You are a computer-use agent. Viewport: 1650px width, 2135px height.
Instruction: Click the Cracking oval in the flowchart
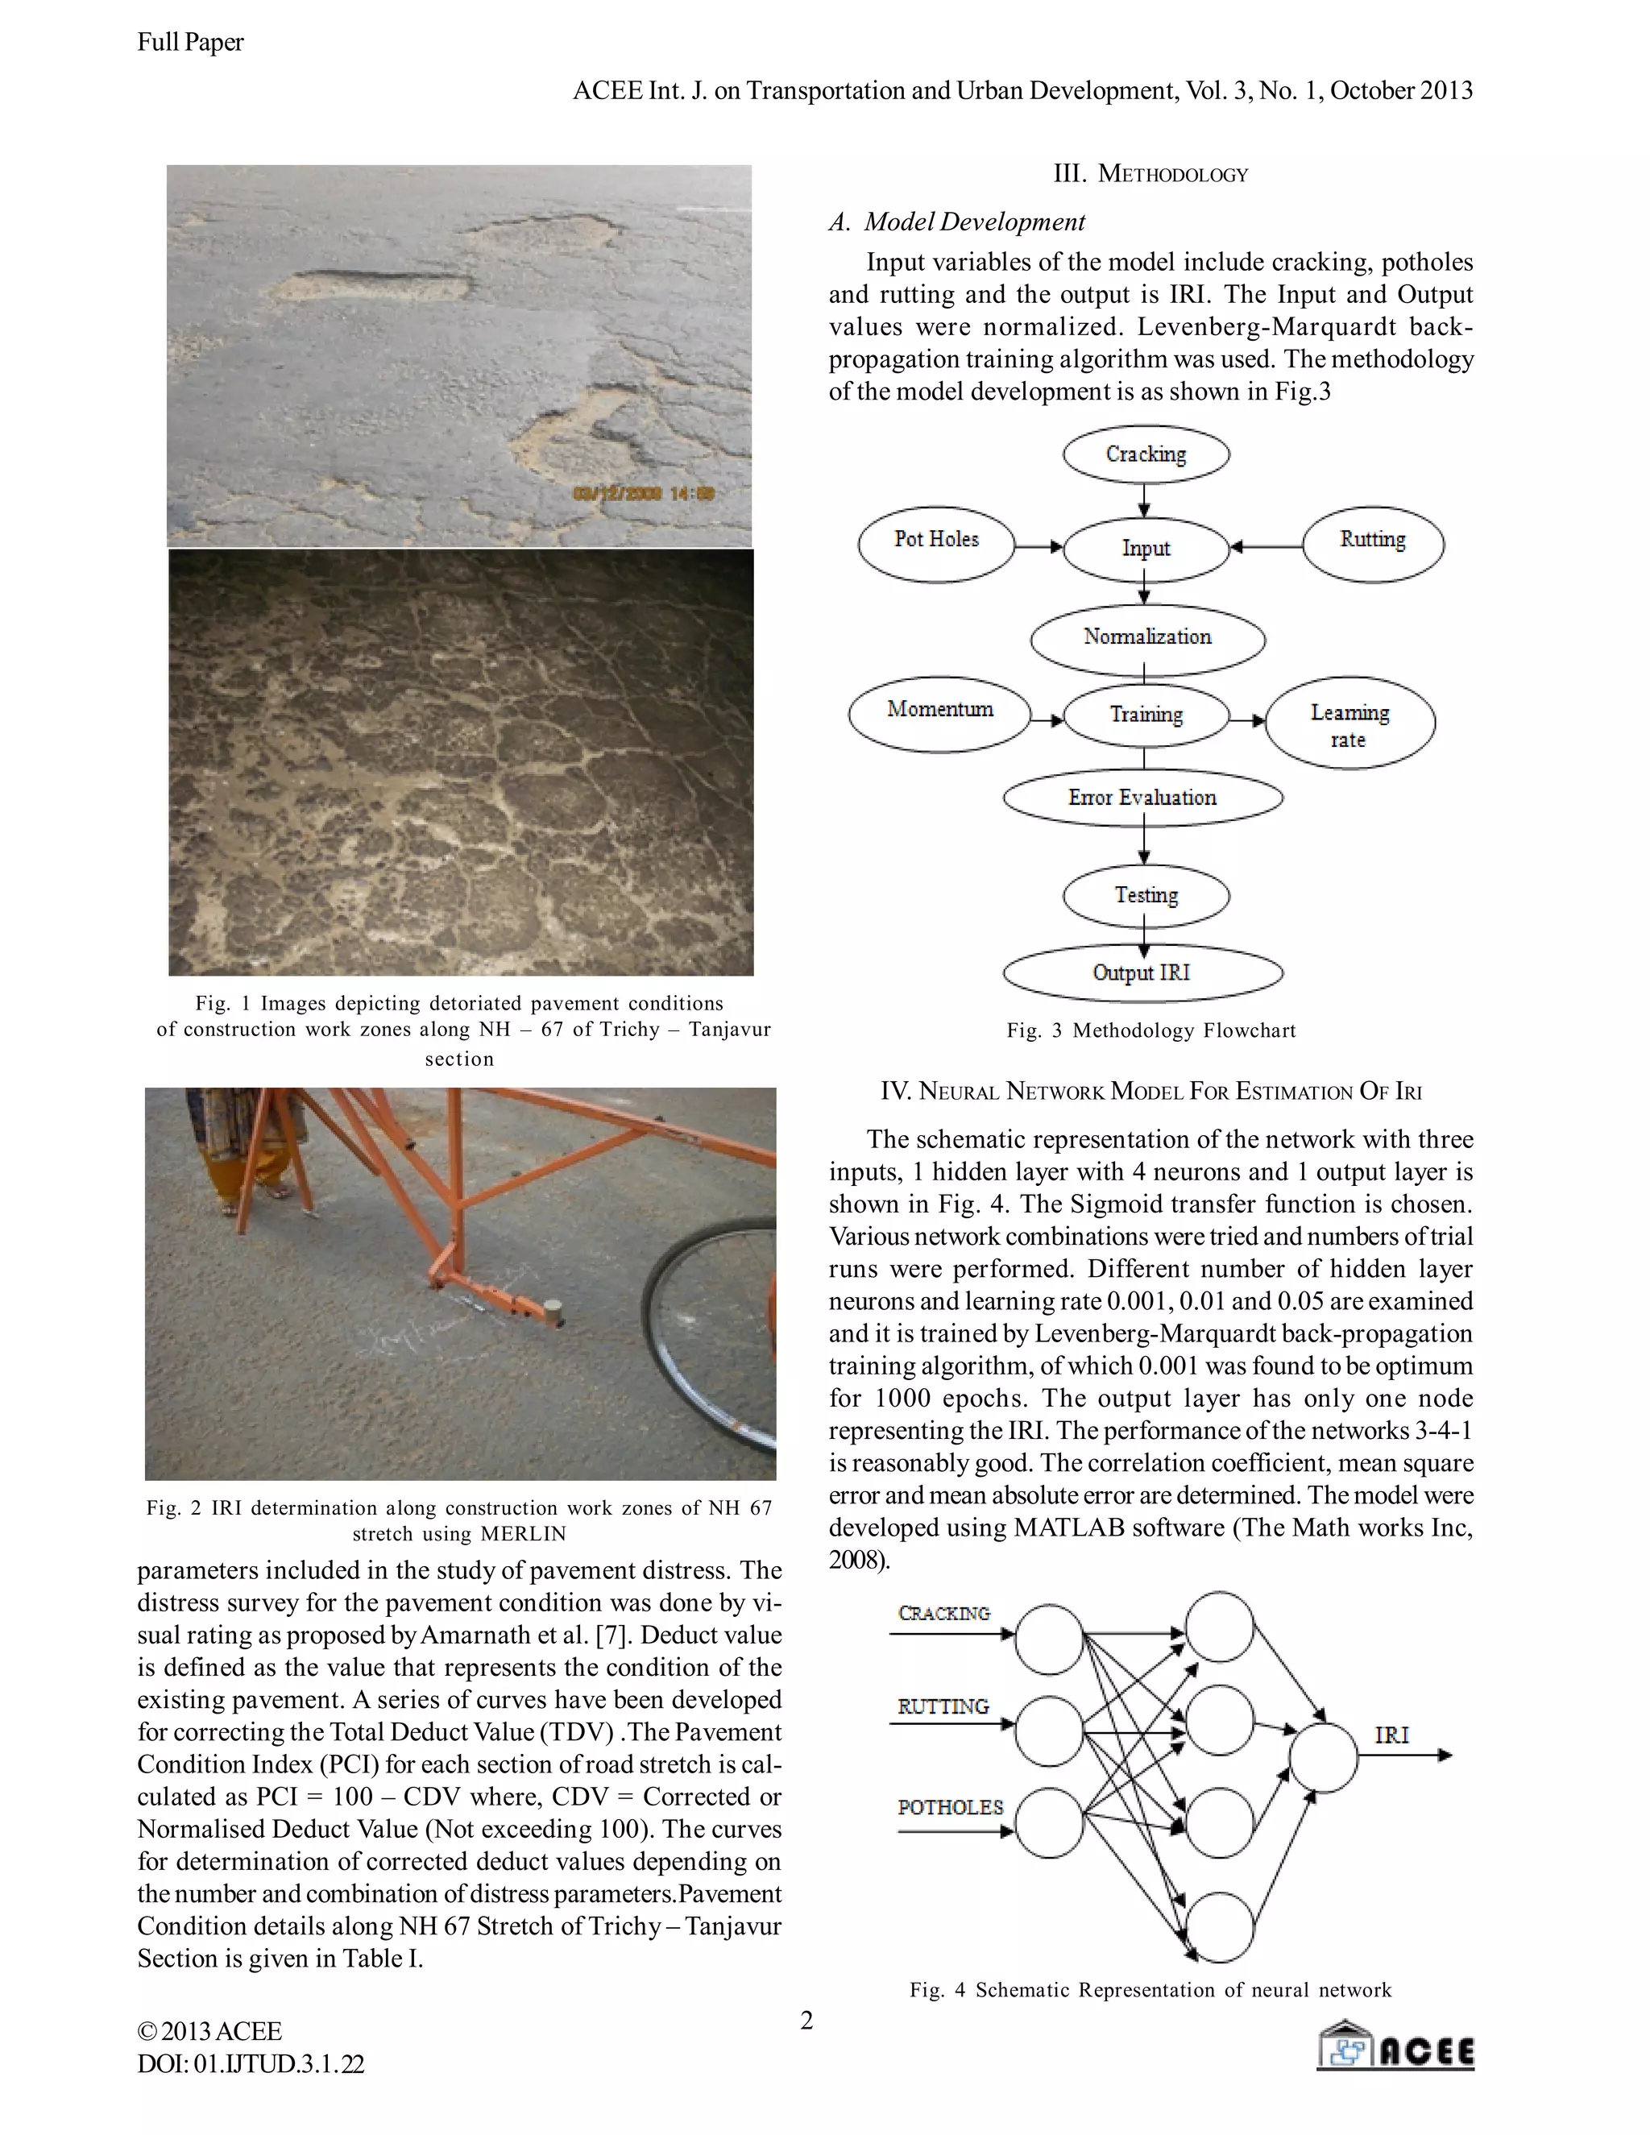point(1146,454)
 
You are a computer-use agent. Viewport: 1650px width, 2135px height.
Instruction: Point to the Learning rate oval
point(1350,723)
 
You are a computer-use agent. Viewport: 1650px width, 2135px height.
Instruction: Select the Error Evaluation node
point(1142,798)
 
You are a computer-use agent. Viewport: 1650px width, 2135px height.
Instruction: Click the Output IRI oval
point(1142,972)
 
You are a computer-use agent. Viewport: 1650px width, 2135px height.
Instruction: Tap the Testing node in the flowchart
point(1146,895)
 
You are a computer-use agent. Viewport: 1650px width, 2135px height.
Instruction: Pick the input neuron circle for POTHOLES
point(1049,1822)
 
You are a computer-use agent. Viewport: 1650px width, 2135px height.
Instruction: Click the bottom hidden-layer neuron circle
point(1220,1927)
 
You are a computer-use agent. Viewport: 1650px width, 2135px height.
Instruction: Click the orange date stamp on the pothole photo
point(645,493)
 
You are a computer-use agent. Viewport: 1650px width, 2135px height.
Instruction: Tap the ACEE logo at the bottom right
point(1396,2045)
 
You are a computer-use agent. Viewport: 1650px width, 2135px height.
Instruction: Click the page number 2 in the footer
point(806,2020)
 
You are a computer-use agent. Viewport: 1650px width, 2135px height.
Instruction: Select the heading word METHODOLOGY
point(1172,175)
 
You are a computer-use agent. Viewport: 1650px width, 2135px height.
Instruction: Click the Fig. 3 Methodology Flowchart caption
point(1151,1030)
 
